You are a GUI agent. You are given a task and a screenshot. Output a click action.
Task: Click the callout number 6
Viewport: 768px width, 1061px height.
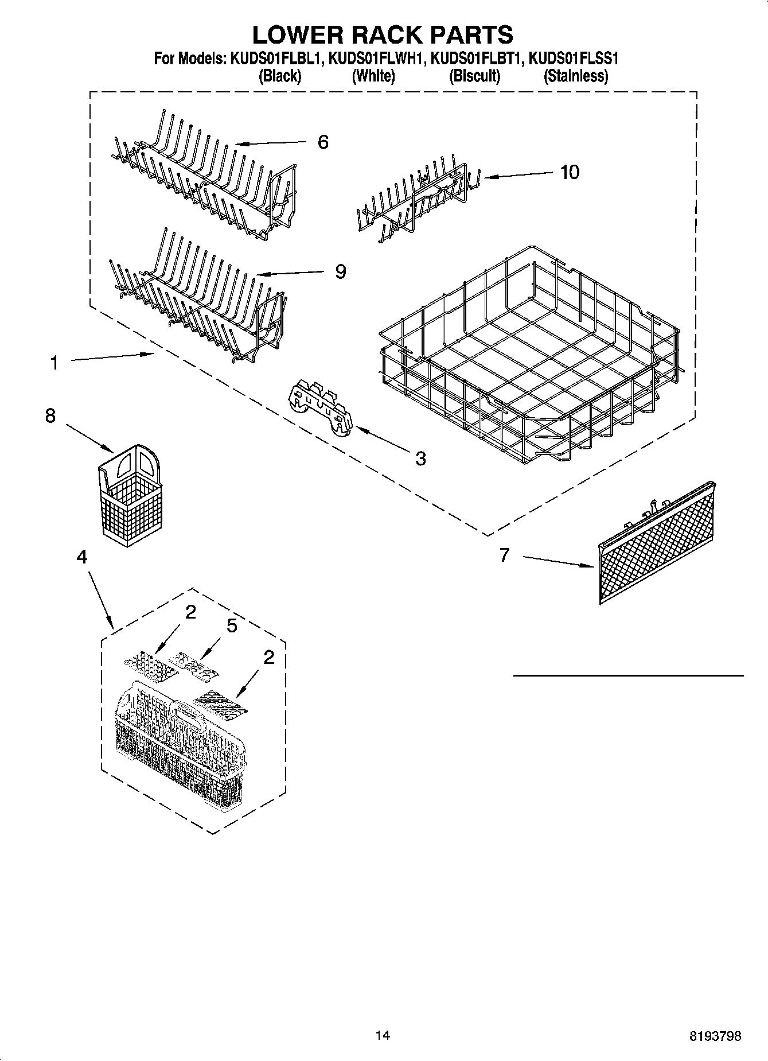tap(323, 142)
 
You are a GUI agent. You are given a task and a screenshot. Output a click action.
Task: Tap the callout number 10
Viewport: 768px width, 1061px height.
tap(570, 172)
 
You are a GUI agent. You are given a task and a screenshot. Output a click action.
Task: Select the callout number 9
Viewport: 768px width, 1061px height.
tap(341, 271)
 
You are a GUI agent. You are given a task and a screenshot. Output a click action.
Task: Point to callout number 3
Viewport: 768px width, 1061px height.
tap(420, 458)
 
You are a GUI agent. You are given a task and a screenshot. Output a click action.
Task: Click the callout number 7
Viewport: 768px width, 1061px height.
tap(504, 555)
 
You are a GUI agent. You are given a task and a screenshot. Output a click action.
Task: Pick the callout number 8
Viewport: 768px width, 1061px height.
tap(50, 415)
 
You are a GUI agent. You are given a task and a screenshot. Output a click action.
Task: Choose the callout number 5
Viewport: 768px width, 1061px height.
tap(232, 625)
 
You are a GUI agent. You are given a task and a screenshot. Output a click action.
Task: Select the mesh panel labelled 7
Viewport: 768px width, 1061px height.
tap(656, 543)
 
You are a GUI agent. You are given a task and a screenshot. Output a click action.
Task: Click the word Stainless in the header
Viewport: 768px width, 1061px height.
tap(575, 76)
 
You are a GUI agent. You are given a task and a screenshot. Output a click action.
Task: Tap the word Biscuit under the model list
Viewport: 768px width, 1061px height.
tap(474, 76)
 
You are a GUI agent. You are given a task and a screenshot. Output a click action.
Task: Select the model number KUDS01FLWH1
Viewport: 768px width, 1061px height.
tap(376, 58)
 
